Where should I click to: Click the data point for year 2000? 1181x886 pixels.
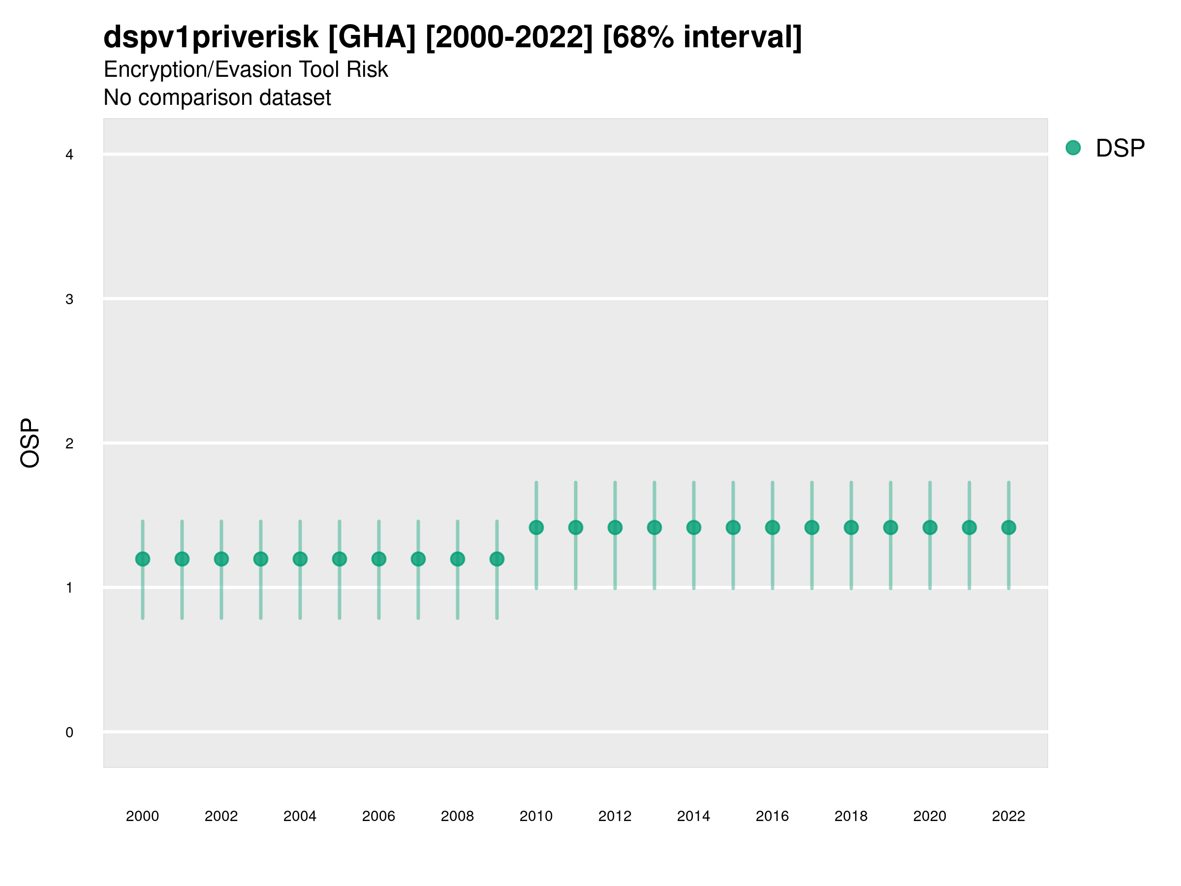coord(143,559)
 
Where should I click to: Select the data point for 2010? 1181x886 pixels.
coord(536,528)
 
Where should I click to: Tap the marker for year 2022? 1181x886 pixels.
coord(1009,528)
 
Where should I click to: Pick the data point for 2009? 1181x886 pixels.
coord(497,559)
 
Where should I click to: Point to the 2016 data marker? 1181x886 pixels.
coord(773,528)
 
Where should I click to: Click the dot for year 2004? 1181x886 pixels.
coord(300,559)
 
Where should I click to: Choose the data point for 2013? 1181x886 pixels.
coord(654,528)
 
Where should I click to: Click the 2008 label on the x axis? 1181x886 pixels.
coord(458,816)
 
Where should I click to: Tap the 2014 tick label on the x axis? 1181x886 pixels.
coord(693,816)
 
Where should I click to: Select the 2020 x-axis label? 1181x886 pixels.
coord(930,816)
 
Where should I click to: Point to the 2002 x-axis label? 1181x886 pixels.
coord(221,816)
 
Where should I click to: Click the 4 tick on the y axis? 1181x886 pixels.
coord(69,155)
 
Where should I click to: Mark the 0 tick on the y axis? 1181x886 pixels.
coord(69,732)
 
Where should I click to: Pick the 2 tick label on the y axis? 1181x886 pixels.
coord(69,443)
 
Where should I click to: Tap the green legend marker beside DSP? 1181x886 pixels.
coord(1073,148)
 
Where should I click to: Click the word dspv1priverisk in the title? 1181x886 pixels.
coord(211,37)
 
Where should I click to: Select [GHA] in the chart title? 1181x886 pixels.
coord(372,37)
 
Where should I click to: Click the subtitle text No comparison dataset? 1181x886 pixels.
coord(218,98)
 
